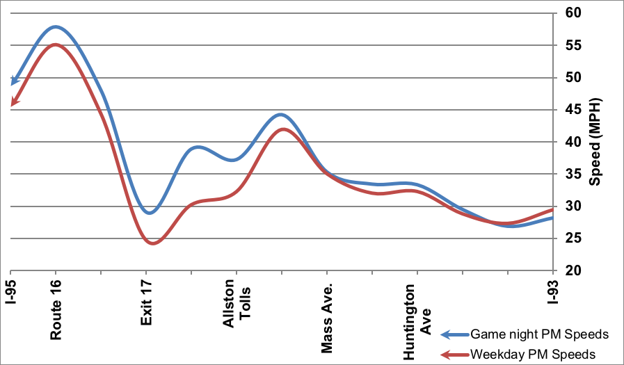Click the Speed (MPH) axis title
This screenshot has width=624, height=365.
(x=595, y=142)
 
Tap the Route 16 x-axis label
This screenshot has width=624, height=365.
(x=56, y=310)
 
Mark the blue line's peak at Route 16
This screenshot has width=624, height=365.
(x=56, y=27)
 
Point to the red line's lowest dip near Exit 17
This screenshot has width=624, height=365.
(x=152, y=243)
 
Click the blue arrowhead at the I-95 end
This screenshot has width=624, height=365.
(x=13, y=82)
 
